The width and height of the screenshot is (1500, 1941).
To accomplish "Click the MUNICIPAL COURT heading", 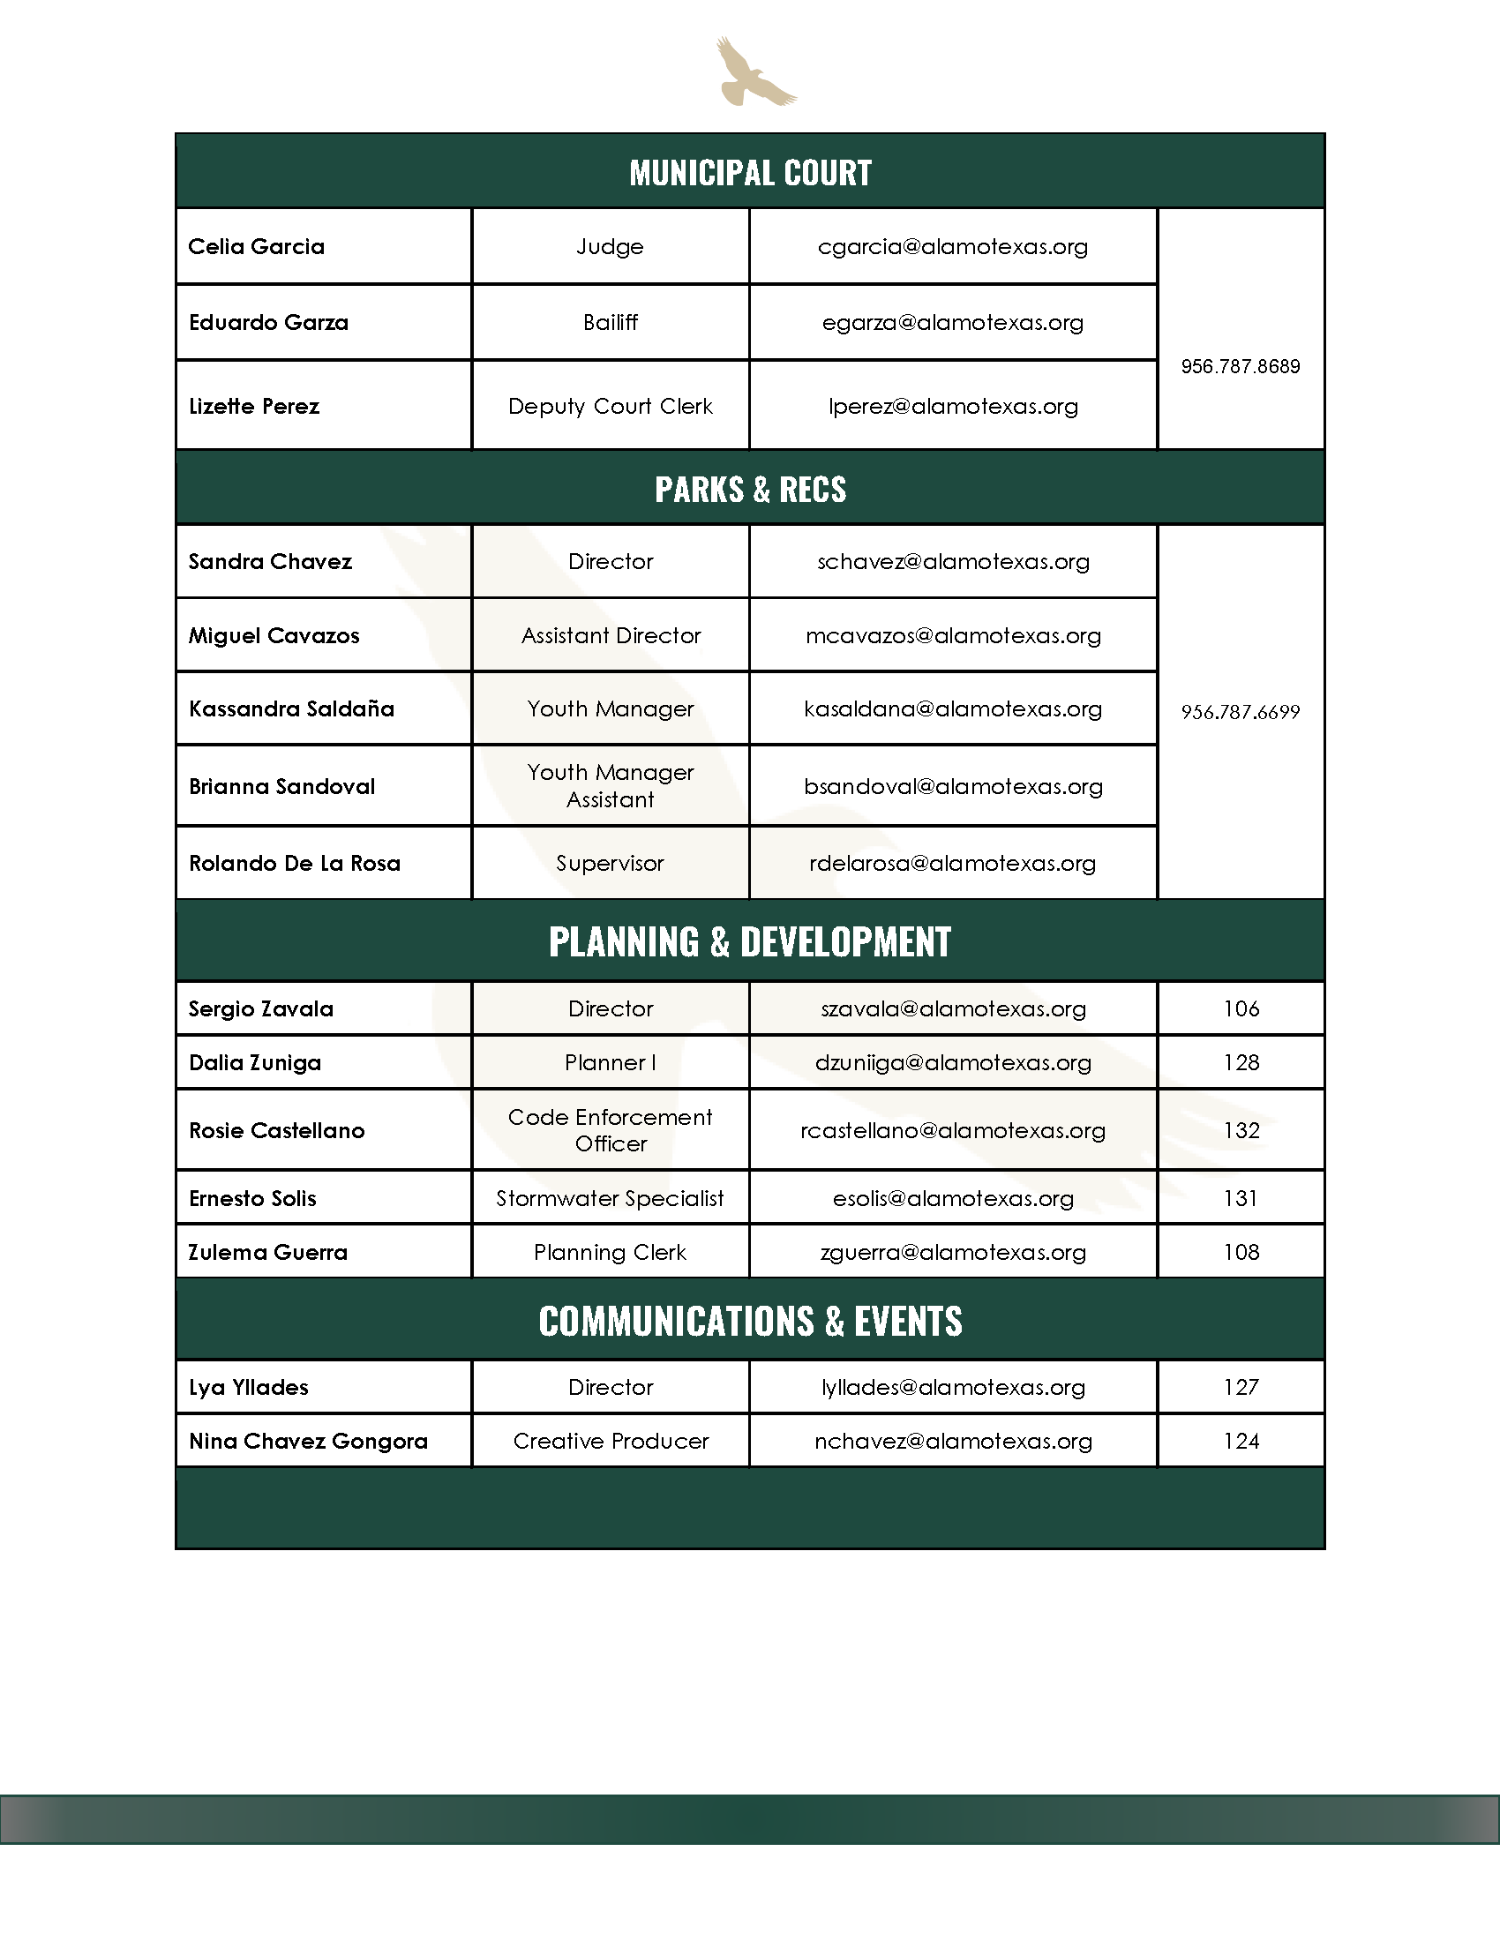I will click(x=750, y=172).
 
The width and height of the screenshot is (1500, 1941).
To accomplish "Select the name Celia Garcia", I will click(x=256, y=247).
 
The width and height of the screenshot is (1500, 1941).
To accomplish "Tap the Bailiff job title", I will click(x=611, y=323).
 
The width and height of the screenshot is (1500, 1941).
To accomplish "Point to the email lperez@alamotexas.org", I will click(x=953, y=407).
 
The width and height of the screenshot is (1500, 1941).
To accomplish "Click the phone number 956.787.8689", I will click(x=1240, y=366).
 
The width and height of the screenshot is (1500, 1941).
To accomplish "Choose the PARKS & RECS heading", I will click(x=750, y=490).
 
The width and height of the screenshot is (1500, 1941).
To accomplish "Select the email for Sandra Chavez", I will click(x=953, y=562).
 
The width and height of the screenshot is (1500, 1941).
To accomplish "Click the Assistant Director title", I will click(x=611, y=635).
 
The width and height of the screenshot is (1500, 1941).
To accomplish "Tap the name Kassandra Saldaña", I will click(x=290, y=709).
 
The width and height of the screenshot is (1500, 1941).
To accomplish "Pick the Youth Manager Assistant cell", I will click(x=611, y=785).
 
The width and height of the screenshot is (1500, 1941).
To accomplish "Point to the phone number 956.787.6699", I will click(x=1240, y=712).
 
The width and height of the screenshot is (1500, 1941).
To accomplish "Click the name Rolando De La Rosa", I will click(x=294, y=864).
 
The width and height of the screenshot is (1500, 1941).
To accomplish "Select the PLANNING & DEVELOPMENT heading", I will click(x=750, y=942).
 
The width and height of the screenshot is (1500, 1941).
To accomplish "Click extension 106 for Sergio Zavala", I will click(x=1241, y=1008).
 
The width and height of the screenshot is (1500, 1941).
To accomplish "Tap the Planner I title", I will click(x=611, y=1063).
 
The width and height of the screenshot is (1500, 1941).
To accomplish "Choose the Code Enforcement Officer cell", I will click(x=611, y=1130).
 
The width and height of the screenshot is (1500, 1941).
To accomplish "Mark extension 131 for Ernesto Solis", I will click(x=1241, y=1199).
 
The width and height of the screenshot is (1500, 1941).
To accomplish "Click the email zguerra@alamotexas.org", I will click(x=953, y=1253).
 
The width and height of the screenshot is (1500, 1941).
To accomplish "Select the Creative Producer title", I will click(x=611, y=1442).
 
